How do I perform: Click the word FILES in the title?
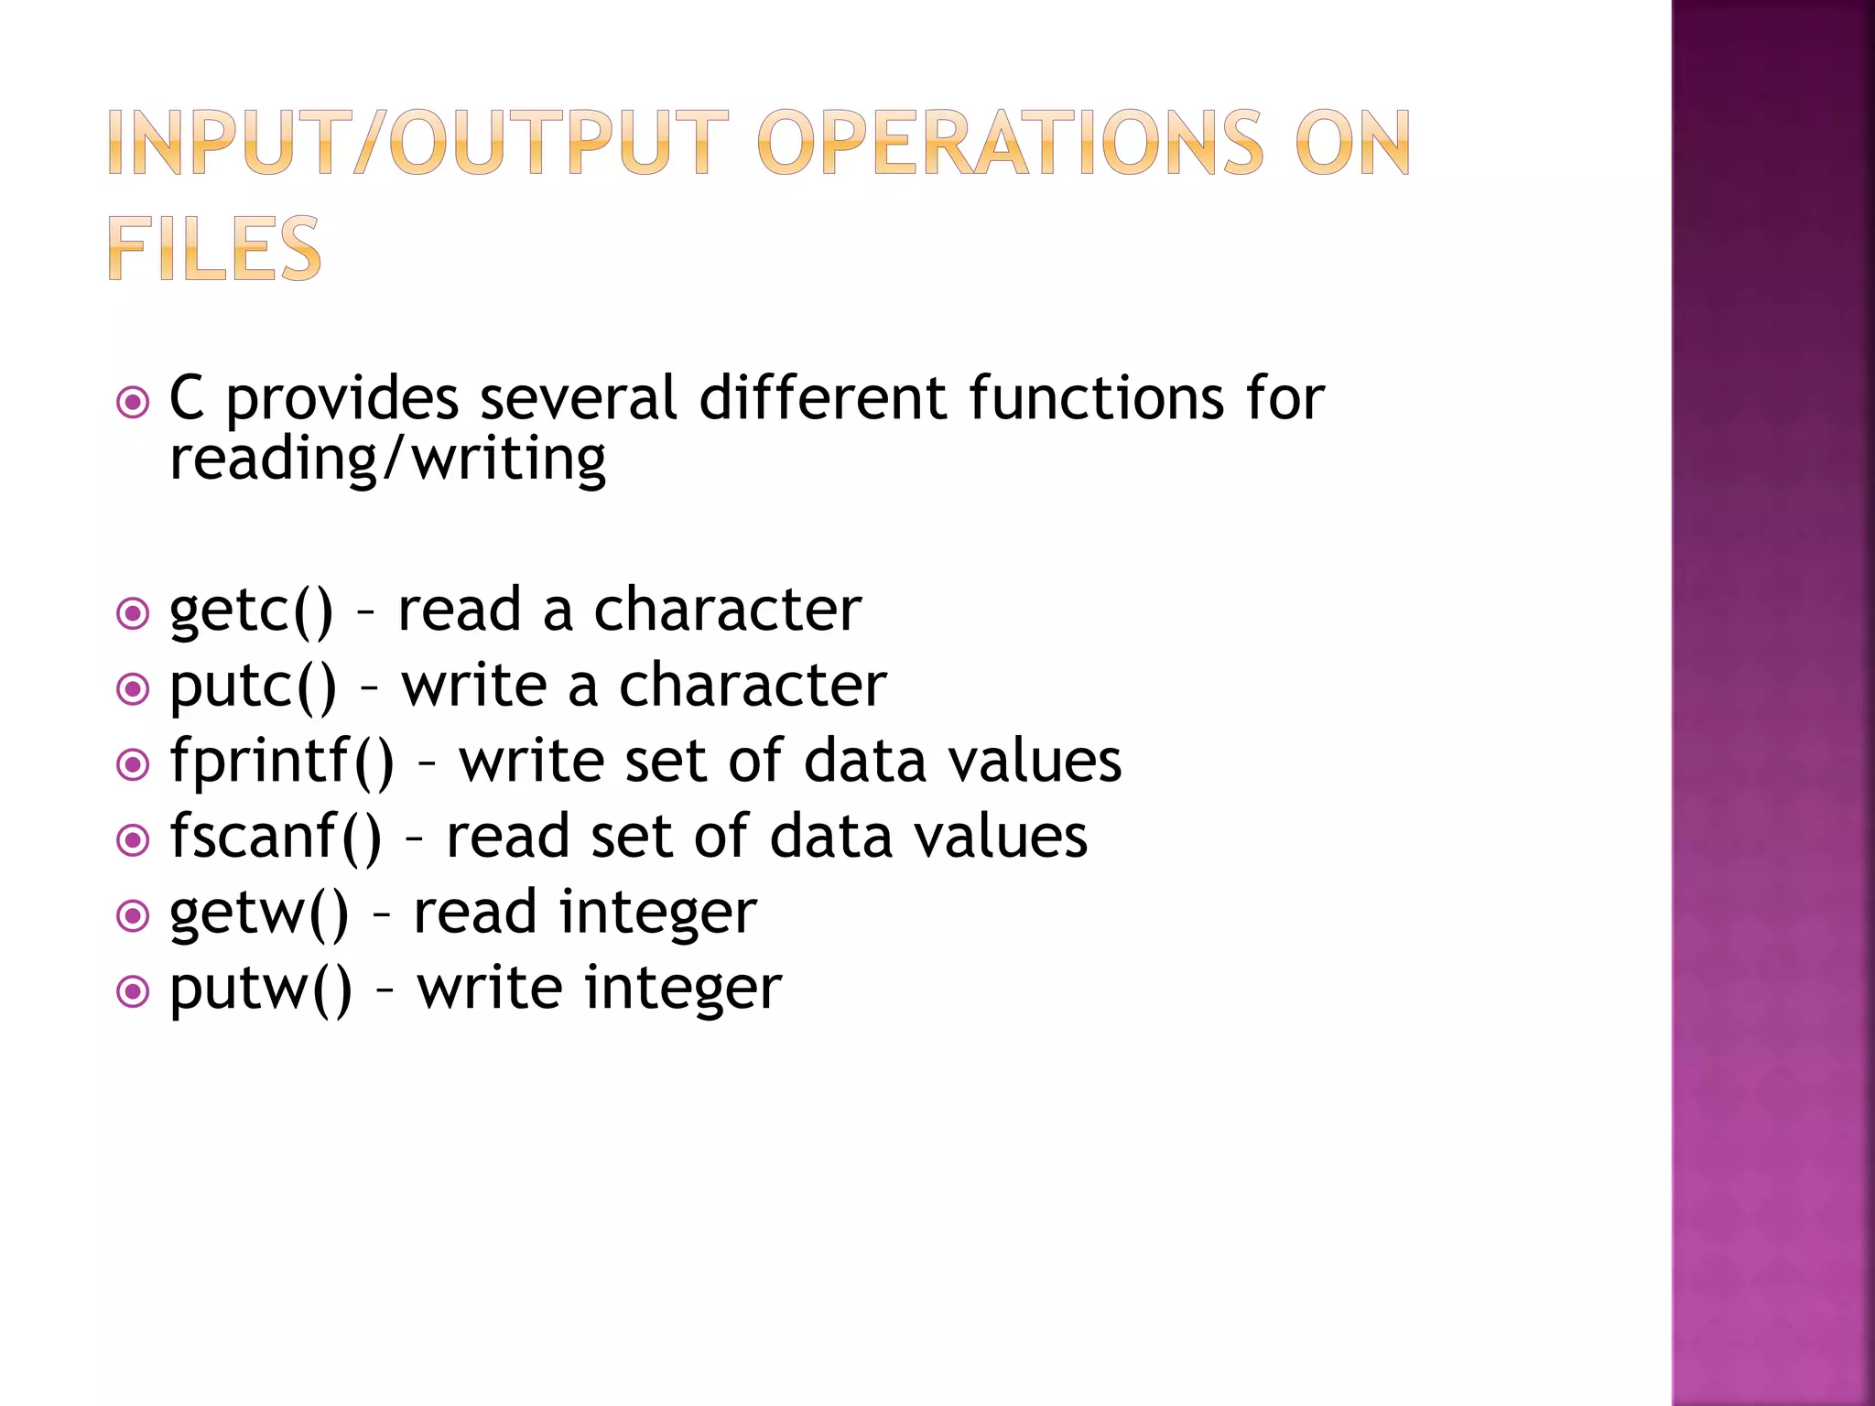coord(214,248)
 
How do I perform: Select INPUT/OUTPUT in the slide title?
coord(417,143)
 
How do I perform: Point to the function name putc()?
coord(254,687)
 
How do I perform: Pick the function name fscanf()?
coord(276,838)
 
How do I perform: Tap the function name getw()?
coord(259,914)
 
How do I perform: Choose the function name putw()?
coord(261,990)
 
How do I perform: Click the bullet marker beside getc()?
coord(134,613)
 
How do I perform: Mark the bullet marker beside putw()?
coord(134,990)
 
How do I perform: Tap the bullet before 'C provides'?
coord(134,402)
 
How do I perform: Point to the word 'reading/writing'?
coord(388,459)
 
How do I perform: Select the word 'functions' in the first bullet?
coord(1096,398)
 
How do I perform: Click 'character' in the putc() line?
coord(753,687)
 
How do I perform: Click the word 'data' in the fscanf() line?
coord(830,838)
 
